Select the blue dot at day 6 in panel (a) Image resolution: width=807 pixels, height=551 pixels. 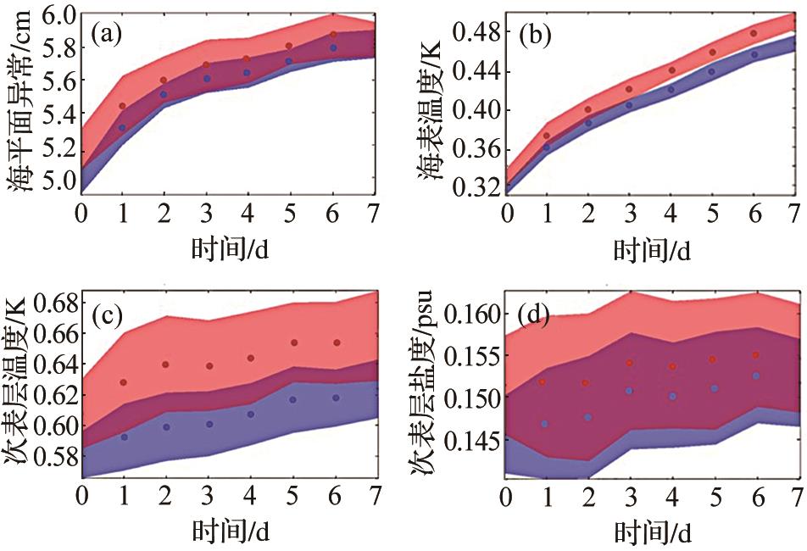pos(333,48)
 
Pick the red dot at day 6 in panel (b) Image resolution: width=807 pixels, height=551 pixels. pos(753,34)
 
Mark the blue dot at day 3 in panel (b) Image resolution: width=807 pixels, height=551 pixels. pos(629,105)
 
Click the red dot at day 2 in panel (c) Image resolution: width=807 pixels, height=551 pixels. pos(165,365)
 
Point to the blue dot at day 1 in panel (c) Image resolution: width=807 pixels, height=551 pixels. pos(124,437)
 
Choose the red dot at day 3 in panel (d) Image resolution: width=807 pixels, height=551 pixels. pos(629,363)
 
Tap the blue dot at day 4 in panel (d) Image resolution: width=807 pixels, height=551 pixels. pos(671,396)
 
